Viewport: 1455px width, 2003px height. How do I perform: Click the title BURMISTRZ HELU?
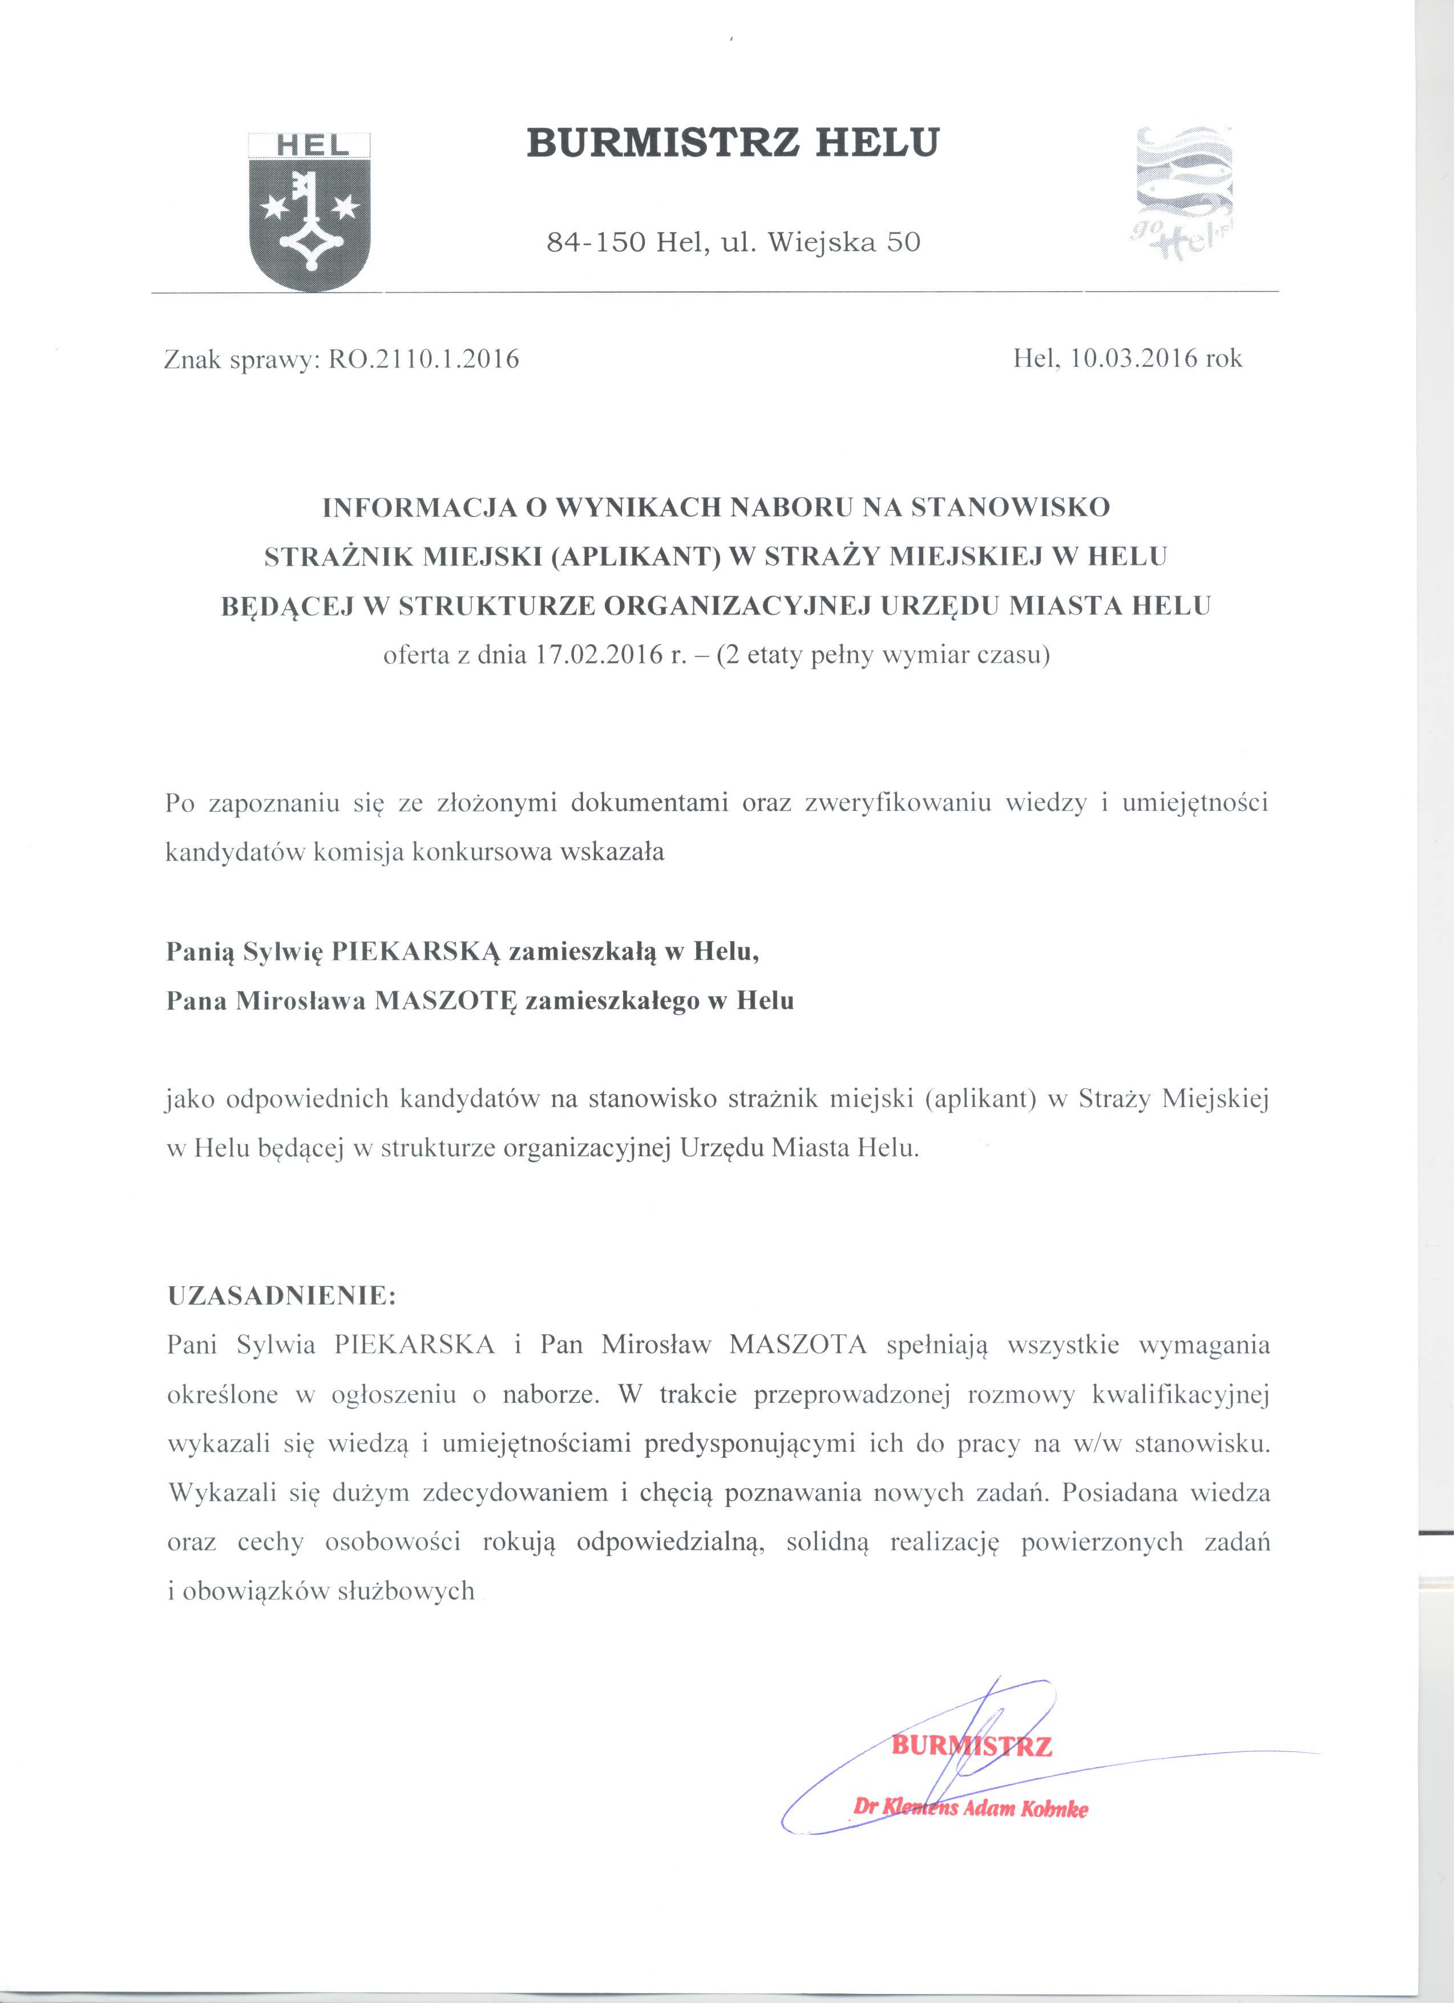pos(733,143)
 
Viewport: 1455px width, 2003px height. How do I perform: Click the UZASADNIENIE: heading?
pos(282,1297)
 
